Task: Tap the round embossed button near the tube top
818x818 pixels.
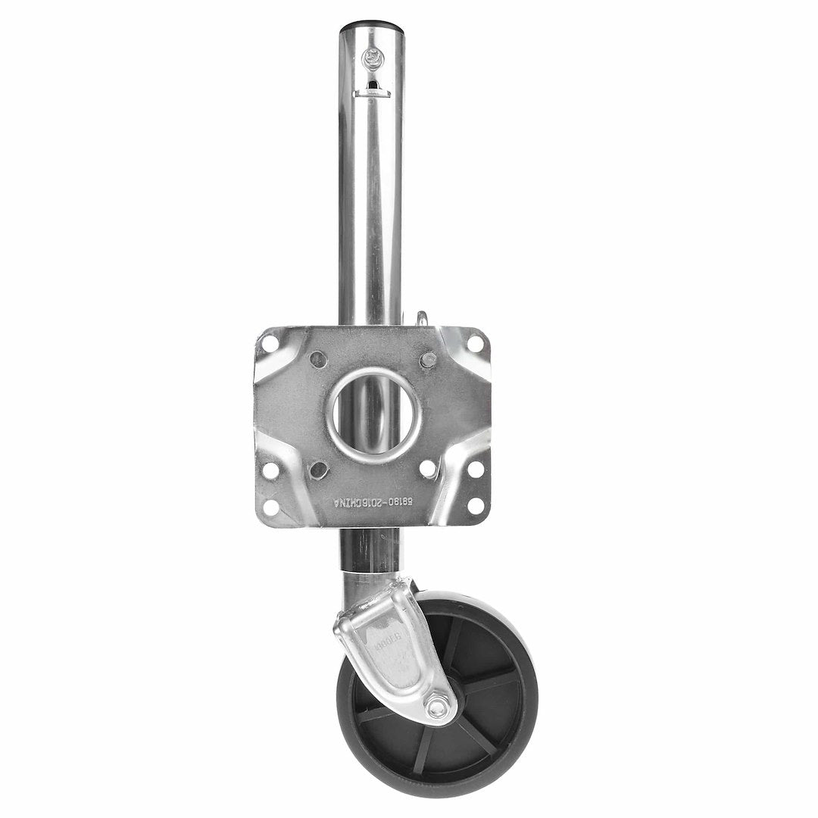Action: [x=373, y=57]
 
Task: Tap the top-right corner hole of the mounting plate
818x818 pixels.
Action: [x=475, y=342]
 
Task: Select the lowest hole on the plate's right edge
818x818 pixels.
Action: [x=476, y=504]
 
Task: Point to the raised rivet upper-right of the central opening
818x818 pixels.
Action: [x=426, y=358]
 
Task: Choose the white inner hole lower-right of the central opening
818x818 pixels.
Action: [x=426, y=467]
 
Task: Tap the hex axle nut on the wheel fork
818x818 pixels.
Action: [x=437, y=709]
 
